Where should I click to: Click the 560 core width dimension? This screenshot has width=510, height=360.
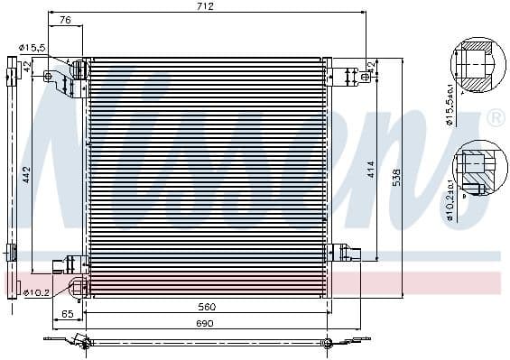tap(209, 307)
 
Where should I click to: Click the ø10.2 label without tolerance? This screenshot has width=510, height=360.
tap(35, 291)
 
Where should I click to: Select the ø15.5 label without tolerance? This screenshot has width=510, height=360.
tap(33, 47)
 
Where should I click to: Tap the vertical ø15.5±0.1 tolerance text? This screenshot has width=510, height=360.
tap(449, 106)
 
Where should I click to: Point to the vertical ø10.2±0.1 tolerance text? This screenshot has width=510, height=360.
tap(449, 200)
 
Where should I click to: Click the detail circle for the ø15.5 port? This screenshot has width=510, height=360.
tap(475, 65)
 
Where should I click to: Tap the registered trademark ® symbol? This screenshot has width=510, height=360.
tap(496, 118)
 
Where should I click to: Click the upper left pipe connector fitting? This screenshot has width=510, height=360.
tap(76, 72)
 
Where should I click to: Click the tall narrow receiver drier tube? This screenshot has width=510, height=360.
tap(12, 171)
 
